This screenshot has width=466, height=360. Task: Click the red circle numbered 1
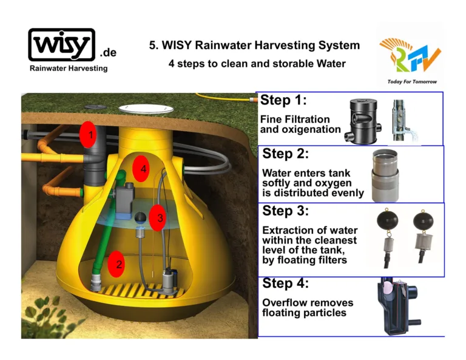click(87, 134)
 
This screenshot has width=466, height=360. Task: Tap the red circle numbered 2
click(116, 264)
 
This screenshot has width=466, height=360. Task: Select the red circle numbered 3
click(157, 217)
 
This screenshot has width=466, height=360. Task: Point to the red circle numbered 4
click(141, 169)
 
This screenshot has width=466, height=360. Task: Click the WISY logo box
click(62, 44)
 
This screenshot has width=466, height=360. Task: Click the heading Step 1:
click(283, 100)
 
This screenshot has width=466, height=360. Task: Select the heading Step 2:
click(285, 154)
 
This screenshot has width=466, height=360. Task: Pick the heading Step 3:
click(285, 211)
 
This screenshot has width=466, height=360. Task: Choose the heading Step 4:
click(285, 283)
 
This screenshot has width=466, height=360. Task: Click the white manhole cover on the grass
click(146, 109)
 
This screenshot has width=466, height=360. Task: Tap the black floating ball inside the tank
click(140, 217)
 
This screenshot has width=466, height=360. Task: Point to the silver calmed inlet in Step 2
click(385, 175)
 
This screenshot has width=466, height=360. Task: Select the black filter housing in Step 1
click(363, 121)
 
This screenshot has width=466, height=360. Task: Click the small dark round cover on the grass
click(95, 107)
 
